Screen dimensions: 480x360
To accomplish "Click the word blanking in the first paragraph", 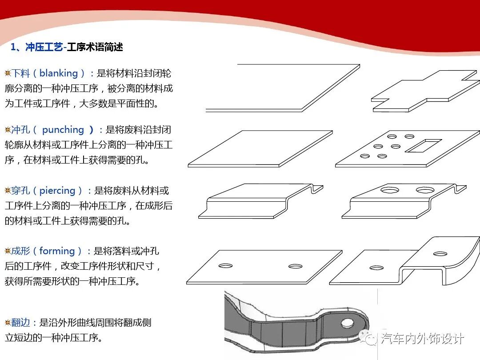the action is click(59, 73).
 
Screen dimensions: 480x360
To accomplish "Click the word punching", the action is click(63, 130).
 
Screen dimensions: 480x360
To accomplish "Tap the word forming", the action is click(57, 251).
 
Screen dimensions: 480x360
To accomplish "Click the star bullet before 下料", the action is click(8, 73).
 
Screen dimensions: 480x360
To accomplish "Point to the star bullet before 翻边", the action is click(8, 322).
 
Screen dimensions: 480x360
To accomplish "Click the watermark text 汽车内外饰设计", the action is click(422, 339).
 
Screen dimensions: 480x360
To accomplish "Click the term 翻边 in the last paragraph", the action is click(21, 323).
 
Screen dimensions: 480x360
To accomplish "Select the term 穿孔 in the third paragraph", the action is click(20, 191).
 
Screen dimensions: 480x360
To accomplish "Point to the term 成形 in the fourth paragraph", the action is click(20, 251).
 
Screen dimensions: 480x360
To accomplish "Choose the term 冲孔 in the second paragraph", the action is click(20, 130).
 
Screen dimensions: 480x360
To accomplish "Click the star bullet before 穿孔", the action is click(8, 190).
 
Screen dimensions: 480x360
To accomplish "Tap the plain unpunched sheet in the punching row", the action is click(260, 149).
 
